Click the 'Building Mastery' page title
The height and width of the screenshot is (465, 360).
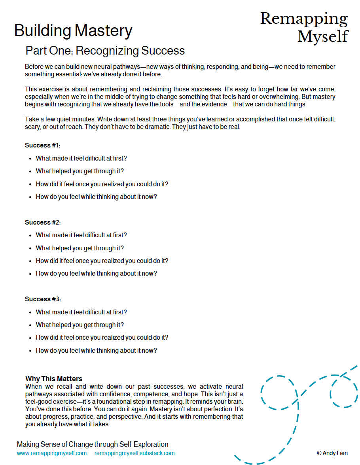click(x=73, y=31)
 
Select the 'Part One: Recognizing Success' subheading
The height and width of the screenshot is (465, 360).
click(x=105, y=51)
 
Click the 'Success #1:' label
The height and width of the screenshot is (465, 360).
click(x=43, y=146)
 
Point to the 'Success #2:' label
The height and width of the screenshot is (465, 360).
click(x=43, y=222)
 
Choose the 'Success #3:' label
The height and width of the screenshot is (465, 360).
click(x=43, y=299)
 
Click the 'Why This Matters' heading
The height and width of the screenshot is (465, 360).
click(x=54, y=379)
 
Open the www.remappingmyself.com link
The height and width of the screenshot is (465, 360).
click(x=52, y=453)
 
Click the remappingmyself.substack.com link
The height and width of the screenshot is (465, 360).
click(x=135, y=453)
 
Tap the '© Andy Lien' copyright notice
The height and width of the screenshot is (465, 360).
click(x=332, y=453)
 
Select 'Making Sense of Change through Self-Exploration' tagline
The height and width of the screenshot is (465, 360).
click(x=93, y=444)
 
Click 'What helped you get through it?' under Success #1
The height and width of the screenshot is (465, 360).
click(x=80, y=171)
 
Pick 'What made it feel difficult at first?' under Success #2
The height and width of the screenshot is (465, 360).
click(x=81, y=235)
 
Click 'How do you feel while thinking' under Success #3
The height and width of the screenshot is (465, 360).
click(x=96, y=350)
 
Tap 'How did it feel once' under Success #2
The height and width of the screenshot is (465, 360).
click(x=102, y=261)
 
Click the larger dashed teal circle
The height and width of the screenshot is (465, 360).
click(x=279, y=393)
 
